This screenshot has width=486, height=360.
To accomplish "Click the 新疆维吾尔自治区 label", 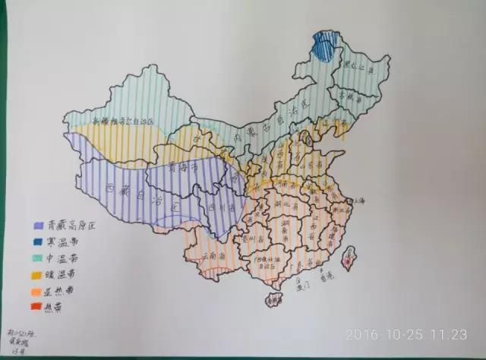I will [x=121, y=121].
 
